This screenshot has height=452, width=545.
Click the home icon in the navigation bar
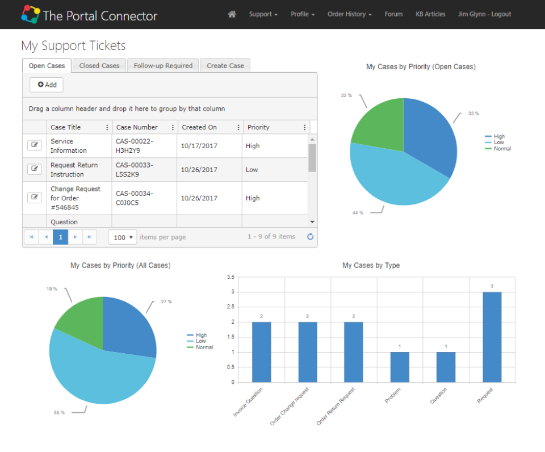[232, 14]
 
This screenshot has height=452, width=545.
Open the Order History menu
[349, 14]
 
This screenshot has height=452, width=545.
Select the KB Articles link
[430, 14]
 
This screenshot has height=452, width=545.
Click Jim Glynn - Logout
[484, 14]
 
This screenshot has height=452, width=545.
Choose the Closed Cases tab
[99, 66]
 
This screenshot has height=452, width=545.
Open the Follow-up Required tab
[163, 66]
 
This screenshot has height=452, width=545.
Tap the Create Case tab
[225, 66]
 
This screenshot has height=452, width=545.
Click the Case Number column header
[137, 127]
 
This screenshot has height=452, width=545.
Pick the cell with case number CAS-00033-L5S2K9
[134, 170]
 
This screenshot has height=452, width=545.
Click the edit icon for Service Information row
[35, 145]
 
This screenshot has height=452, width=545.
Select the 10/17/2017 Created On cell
[199, 146]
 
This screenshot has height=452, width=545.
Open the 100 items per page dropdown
[123, 237]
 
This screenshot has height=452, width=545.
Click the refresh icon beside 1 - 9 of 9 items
[310, 237]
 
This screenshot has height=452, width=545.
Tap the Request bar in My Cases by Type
[492, 337]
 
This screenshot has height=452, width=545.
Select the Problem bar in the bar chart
[400, 367]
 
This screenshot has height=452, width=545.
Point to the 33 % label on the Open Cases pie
[473, 114]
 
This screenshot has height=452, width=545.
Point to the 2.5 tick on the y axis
[230, 307]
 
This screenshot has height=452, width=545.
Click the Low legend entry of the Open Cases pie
[498, 143]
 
